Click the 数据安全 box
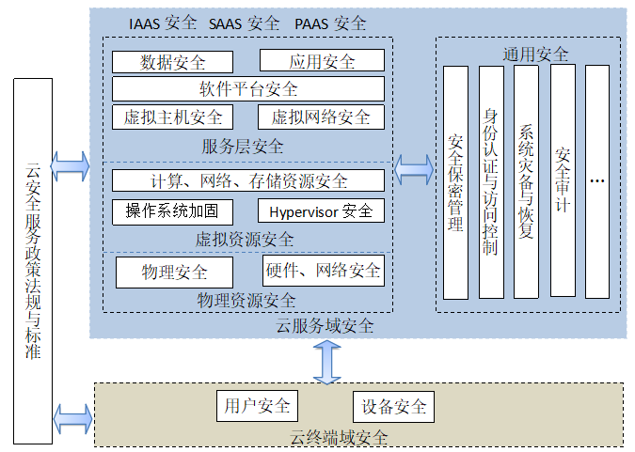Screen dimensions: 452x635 click(x=172, y=62)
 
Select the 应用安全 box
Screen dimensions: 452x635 click(x=322, y=62)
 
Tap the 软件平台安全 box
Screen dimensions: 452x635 click(x=248, y=89)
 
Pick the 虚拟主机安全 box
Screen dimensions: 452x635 click(x=173, y=117)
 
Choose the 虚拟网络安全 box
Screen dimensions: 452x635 click(x=322, y=117)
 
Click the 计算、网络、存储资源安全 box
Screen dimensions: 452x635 click(x=248, y=180)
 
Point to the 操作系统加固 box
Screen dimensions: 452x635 click(x=172, y=210)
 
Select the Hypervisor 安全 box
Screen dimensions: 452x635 click(x=322, y=210)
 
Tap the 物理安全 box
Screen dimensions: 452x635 click(x=174, y=272)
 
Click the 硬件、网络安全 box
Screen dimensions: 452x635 click(x=323, y=271)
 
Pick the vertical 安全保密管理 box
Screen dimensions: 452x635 click(x=455, y=182)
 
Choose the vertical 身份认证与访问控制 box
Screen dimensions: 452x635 click(x=491, y=182)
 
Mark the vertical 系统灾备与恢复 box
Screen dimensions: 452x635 click(x=527, y=182)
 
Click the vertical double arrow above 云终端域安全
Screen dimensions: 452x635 click(x=326, y=361)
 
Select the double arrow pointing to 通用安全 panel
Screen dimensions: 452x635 click(x=414, y=169)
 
